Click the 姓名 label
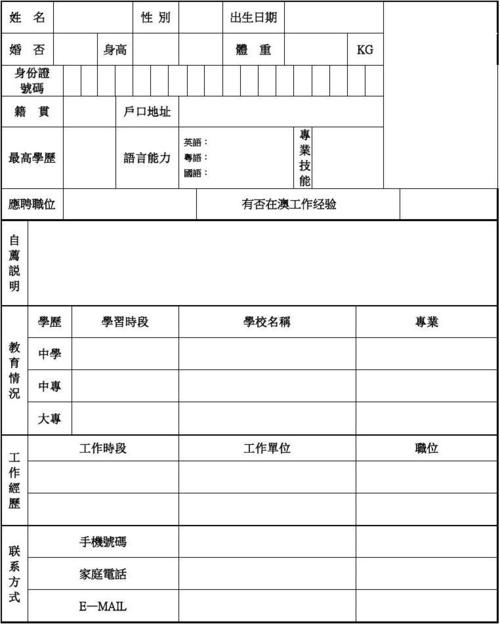27,18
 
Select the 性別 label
156,18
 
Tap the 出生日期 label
254,18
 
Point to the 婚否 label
27,49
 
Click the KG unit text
365,50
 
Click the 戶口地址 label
146,112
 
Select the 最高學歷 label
32,158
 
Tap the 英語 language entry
195,143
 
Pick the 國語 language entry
195,173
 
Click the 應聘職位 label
32,204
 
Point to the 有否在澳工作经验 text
289,204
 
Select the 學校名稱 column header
267,322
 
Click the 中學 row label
50,354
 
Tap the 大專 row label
50,418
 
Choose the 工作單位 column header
267,448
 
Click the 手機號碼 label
103,542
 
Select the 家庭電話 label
103,574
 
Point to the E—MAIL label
103,606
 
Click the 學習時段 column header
125,322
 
